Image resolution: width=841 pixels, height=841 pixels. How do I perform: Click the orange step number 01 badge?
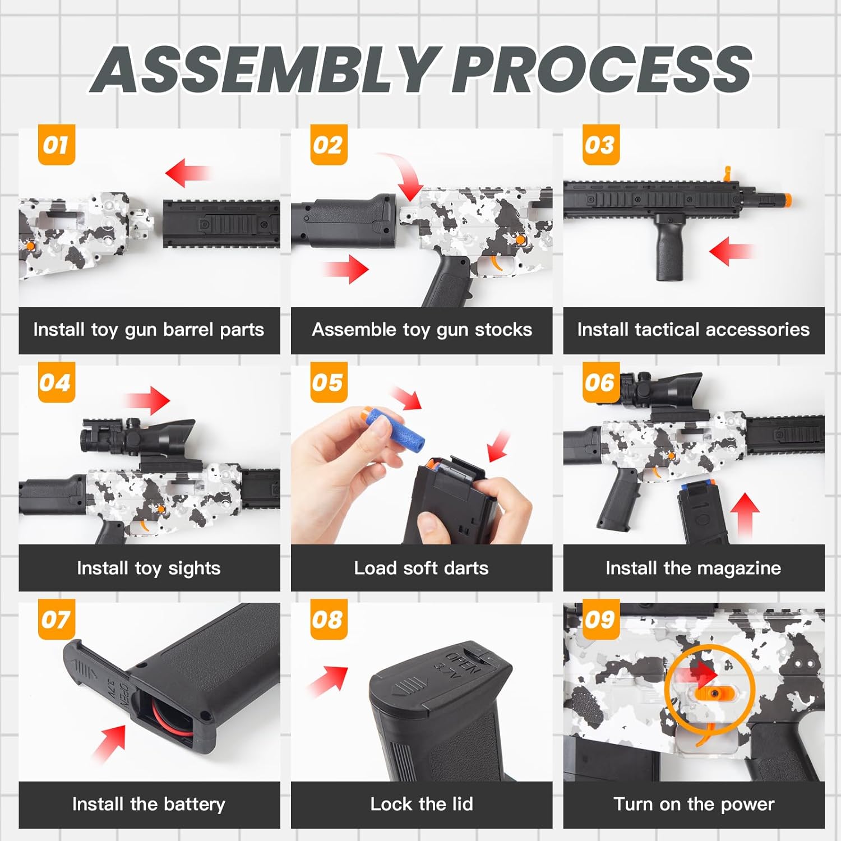[56, 145]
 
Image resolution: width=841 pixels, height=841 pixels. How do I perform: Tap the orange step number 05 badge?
[329, 382]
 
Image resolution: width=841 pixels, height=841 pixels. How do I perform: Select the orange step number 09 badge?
[600, 620]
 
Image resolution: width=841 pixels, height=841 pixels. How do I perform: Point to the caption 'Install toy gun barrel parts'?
[149, 330]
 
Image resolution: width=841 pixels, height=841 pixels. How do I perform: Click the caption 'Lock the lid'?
[422, 804]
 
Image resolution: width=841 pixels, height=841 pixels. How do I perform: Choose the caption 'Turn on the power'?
[694, 804]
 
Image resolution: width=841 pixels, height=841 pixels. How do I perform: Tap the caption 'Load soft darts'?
[422, 568]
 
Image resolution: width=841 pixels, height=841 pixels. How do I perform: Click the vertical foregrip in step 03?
[671, 247]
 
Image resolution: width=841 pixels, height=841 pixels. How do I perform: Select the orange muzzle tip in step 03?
[787, 200]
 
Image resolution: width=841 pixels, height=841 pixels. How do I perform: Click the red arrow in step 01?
[187, 172]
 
